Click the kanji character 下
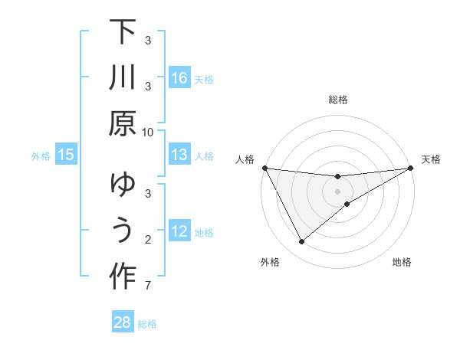point(123,34)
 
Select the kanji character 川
point(123,78)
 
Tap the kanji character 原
point(123,122)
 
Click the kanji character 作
point(123,276)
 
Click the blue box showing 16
point(179,78)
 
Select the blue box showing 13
point(179,155)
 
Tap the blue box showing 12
point(179,231)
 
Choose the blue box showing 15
point(66,155)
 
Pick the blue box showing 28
point(123,322)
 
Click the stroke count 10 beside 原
point(148,132)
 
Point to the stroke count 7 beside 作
point(148,286)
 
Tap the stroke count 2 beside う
point(148,241)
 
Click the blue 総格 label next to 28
point(148,324)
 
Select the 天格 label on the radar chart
point(432,159)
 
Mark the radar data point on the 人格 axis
point(265,168)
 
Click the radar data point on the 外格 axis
point(301,242)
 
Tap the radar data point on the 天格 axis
point(410,168)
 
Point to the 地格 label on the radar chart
point(402,263)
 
